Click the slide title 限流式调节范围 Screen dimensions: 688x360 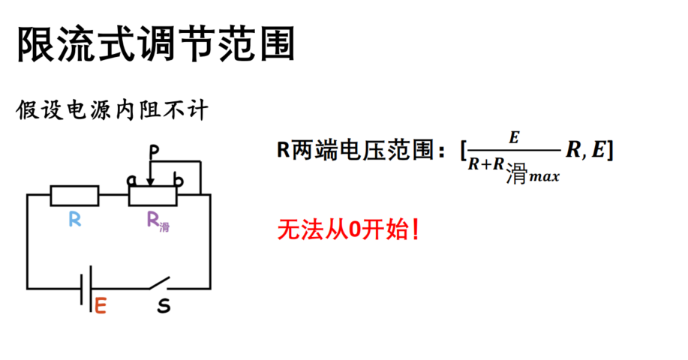156,43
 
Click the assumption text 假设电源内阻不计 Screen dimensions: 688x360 112,109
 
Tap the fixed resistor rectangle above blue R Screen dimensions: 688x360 74,196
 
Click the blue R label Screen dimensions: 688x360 75,219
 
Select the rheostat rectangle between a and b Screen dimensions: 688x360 153,196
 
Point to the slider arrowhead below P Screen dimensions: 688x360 151,181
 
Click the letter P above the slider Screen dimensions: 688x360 154,152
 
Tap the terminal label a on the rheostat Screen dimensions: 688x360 131,180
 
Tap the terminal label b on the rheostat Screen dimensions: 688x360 178,179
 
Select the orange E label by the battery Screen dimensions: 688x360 101,306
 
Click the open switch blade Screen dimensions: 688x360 159,283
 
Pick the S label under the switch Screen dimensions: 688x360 164,306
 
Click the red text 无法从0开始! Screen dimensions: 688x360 348,229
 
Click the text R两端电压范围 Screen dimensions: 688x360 356,150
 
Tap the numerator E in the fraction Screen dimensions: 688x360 514,138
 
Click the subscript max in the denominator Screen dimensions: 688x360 545,177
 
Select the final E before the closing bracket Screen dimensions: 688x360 599,150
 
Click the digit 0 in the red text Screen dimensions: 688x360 354,229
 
